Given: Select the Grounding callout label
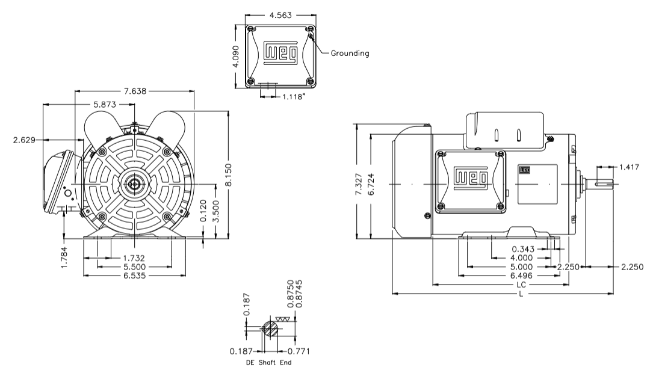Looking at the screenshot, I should click(350, 53).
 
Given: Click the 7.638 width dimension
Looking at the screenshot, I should click(134, 91).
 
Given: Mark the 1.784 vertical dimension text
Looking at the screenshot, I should click(64, 256).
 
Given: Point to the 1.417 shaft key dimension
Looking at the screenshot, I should click(631, 167).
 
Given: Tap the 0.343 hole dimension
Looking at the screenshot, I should click(525, 248).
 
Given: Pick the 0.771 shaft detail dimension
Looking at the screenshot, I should click(297, 351).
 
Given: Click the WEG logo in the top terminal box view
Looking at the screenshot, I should click(281, 53).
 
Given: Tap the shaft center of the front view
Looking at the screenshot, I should click(133, 183).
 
